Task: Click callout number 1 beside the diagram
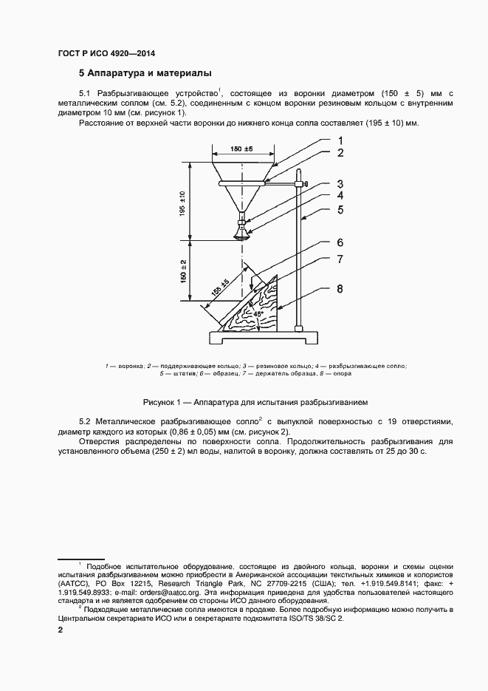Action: pos(340,140)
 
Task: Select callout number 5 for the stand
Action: pos(340,209)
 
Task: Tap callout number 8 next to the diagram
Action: pos(340,289)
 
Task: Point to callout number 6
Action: pos(340,242)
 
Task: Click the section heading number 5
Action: pos(83,74)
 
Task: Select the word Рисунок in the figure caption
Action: pos(160,401)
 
